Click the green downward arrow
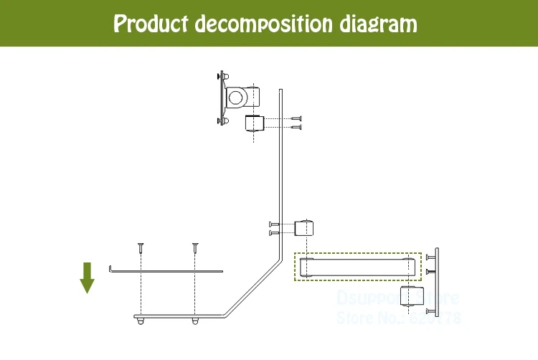[88, 278]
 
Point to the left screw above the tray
[141, 247]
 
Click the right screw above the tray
[194, 247]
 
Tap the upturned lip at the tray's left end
[111, 270]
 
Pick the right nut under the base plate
[195, 320]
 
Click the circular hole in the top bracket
[235, 96]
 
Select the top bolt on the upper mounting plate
[222, 75]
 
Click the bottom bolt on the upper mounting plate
[222, 121]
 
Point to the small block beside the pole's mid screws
[306, 229]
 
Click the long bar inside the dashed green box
[357, 266]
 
